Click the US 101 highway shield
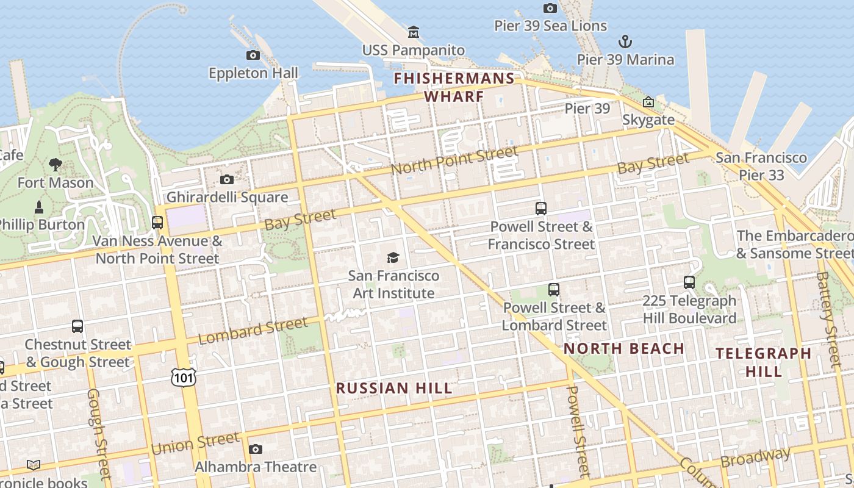coord(184,377)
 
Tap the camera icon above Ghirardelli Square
coord(227,179)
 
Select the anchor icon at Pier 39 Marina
coord(625,42)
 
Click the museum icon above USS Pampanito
coord(414,32)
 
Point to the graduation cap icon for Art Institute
coord(393,258)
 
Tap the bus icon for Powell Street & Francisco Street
coord(541,209)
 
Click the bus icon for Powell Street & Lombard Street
coord(554,290)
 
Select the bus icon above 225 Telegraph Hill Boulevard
coord(689,282)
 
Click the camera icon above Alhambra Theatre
coord(256,450)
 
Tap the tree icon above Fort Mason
coord(56,164)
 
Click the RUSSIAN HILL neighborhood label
coord(394,389)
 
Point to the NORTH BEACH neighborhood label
coord(623,349)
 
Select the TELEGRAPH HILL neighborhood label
coord(763,362)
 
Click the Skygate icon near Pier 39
coord(648,102)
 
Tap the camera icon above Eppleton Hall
coord(253,56)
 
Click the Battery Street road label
coord(829,319)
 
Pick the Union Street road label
coord(195,443)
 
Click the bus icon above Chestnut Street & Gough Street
coord(77,326)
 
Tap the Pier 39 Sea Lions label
coord(550,26)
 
